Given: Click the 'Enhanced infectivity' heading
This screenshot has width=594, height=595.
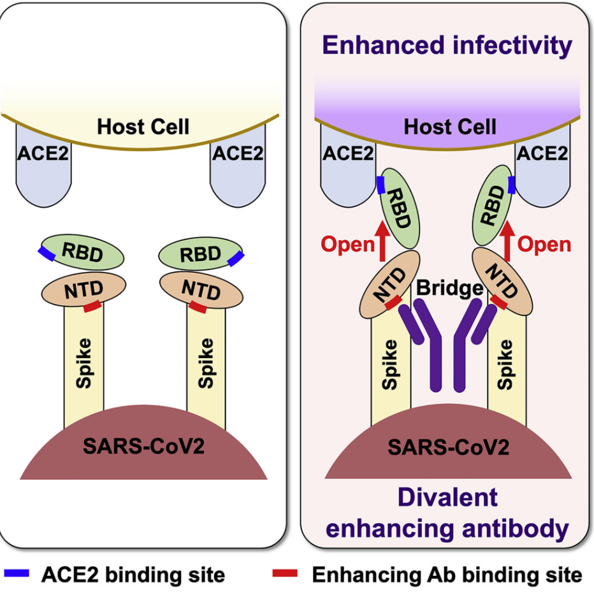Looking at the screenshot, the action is (447, 45).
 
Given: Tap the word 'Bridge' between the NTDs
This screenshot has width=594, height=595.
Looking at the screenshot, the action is (449, 289).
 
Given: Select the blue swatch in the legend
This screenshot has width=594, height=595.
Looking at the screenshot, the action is (17, 573).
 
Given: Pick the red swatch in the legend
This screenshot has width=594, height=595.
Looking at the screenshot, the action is (285, 573).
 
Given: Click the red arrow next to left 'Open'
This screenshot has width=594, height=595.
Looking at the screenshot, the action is (382, 241).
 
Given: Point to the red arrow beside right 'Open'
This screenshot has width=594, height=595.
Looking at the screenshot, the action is (507, 241).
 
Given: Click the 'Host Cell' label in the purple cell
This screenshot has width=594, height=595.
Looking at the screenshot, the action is (450, 126).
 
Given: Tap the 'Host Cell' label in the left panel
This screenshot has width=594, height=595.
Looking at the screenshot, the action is (143, 126).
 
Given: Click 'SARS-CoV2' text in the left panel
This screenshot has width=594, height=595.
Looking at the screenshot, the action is (144, 446).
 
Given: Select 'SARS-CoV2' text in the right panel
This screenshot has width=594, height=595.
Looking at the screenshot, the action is (448, 447).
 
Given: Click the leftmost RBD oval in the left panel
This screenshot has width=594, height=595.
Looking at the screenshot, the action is (82, 252).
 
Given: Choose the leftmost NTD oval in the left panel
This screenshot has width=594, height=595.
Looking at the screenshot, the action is (83, 289).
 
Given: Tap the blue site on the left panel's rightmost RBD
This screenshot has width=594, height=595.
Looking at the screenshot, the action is (236, 259).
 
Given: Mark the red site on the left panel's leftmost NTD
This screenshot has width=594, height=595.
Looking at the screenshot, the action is (92, 306).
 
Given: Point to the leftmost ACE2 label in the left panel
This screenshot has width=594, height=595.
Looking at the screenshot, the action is (43, 154).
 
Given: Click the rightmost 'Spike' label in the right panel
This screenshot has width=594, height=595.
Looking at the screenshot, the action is (505, 364).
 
